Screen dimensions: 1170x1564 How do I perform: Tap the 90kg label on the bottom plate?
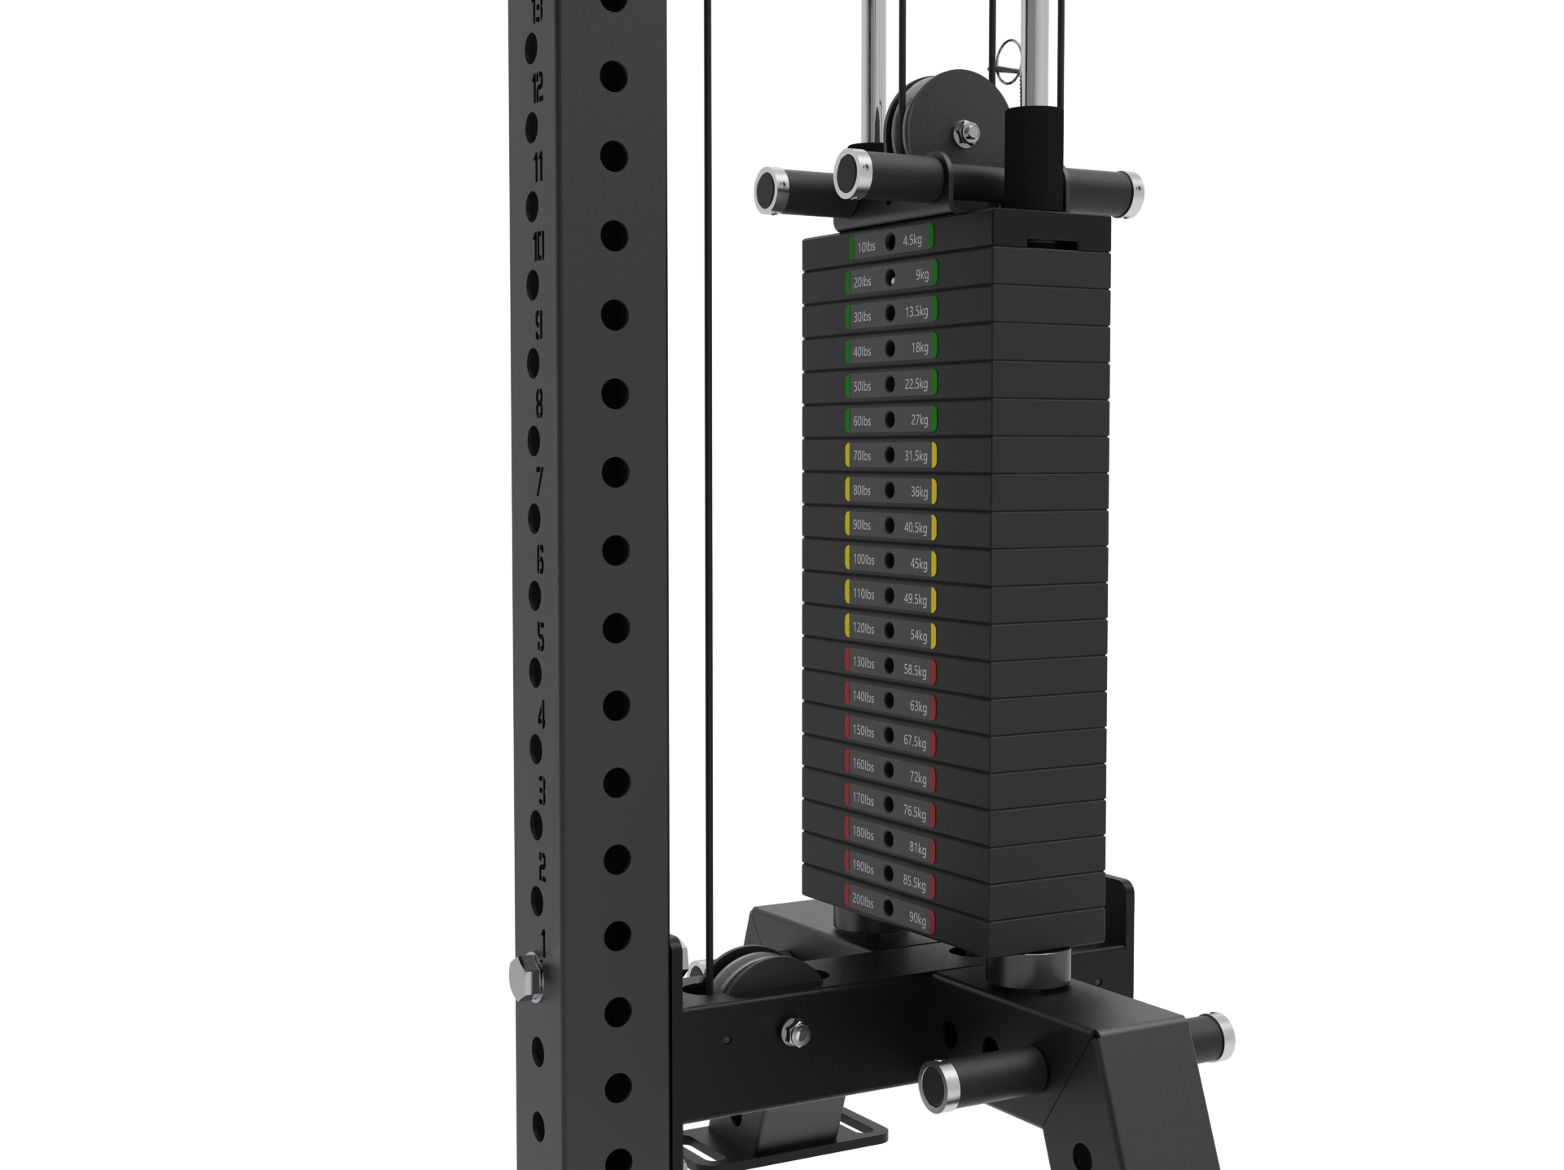pos(917,919)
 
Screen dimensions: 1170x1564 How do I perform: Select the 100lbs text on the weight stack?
pos(863,560)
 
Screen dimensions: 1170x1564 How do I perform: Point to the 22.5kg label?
pos(916,384)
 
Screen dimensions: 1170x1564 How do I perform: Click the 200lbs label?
pos(863,900)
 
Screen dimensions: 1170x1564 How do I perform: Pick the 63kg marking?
pos(918,707)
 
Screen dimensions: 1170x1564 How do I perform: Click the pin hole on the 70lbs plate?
pos(890,455)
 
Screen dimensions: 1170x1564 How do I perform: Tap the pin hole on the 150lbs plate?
pos(890,735)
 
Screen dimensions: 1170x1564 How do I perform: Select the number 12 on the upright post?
pos(538,86)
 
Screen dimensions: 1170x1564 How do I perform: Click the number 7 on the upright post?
pos(538,481)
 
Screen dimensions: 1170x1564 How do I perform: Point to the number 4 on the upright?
pos(540,715)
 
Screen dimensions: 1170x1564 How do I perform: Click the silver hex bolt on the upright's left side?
pos(526,974)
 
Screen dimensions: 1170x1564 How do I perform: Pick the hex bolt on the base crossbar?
pos(795,1033)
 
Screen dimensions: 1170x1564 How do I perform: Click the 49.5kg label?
pos(915,600)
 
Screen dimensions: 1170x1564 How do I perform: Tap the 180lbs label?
pos(863,834)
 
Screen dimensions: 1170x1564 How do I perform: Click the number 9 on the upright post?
pos(538,324)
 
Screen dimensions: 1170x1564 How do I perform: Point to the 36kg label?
pos(919,492)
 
